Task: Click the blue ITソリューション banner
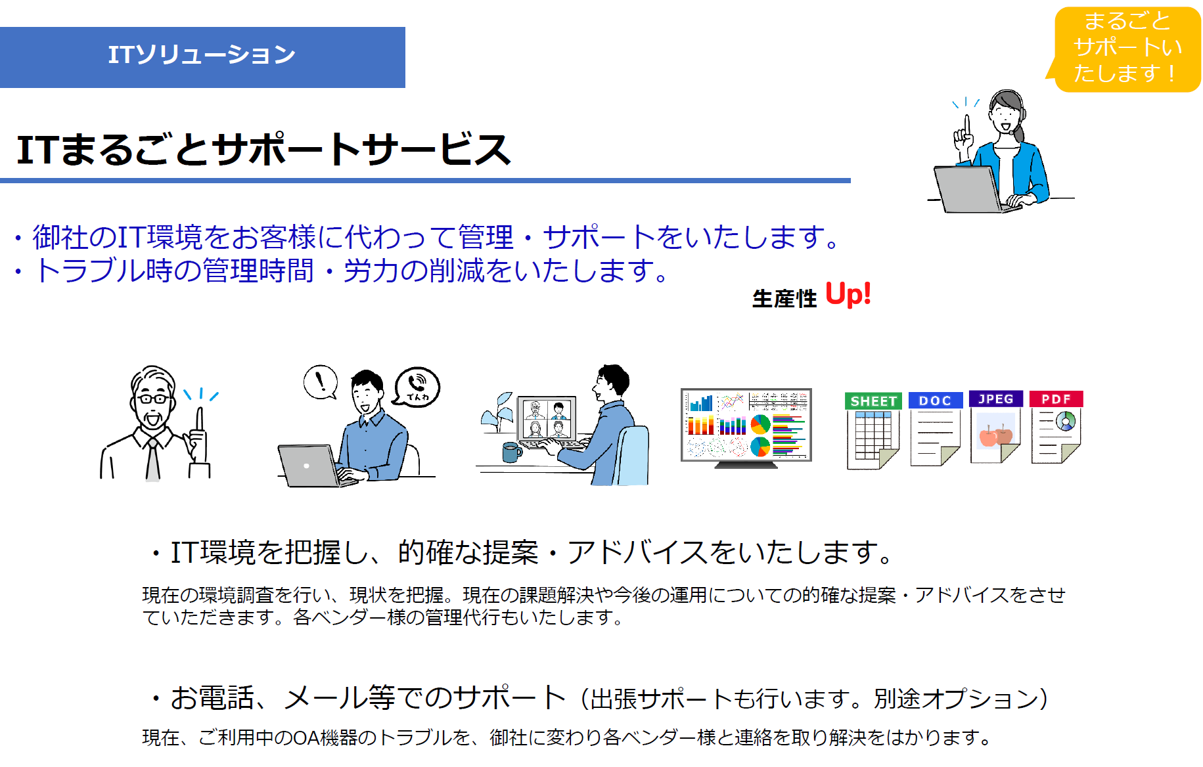[202, 57]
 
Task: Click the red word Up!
[848, 294]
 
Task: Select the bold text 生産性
[784, 299]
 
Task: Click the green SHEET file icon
[873, 430]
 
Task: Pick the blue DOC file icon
[936, 429]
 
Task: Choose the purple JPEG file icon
[995, 427]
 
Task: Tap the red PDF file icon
[1056, 427]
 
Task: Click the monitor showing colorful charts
[746, 427]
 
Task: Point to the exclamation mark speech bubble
[321, 382]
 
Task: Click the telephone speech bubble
[417, 387]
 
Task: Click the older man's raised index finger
[200, 420]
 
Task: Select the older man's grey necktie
[153, 460]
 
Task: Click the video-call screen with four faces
[547, 418]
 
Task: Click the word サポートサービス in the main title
[362, 149]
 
